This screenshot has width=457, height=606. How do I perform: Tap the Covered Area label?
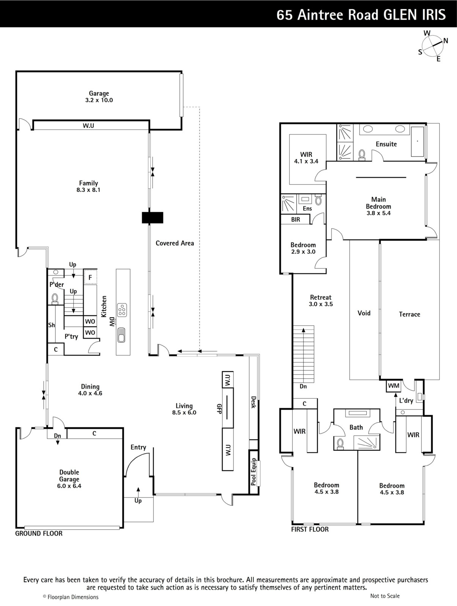click(x=175, y=243)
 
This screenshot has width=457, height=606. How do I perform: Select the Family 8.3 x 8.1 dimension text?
click(x=88, y=190)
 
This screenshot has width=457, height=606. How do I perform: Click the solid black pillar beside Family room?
click(x=152, y=217)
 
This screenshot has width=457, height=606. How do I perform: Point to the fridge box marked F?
click(x=90, y=277)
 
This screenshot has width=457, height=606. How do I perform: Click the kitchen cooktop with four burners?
click(x=122, y=310)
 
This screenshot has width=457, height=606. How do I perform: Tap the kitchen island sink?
click(x=121, y=335)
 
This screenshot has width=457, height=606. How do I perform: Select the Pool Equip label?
click(x=253, y=472)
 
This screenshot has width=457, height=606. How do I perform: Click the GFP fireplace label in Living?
click(x=219, y=409)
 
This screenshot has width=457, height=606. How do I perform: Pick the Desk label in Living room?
click(x=253, y=402)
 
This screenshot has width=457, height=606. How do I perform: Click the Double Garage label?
click(x=69, y=475)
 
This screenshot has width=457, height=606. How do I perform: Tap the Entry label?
click(x=138, y=447)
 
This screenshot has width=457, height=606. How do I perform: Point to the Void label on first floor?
click(x=364, y=313)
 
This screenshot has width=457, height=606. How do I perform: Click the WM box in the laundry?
click(x=393, y=386)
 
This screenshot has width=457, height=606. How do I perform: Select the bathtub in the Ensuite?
click(x=418, y=142)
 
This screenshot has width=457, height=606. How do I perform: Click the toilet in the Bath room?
click(x=340, y=443)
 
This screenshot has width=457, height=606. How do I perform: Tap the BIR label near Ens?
click(x=295, y=219)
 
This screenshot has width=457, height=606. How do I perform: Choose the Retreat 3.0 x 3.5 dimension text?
click(x=321, y=304)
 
